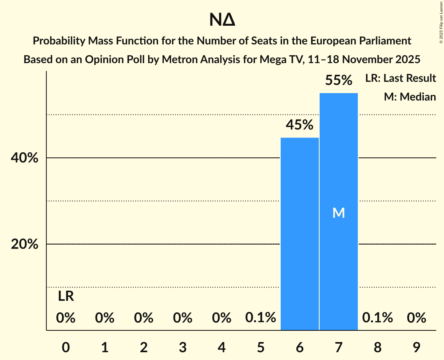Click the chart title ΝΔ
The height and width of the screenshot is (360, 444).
(222, 20)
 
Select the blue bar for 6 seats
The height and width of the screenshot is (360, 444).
(300, 234)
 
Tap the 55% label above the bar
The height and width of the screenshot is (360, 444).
(339, 81)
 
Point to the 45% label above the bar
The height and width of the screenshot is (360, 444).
(300, 125)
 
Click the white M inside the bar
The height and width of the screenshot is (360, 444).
(339, 213)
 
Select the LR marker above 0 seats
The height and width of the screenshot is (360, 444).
(66, 296)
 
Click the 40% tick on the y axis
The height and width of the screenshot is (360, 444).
(27, 158)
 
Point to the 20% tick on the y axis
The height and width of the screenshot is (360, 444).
(27, 244)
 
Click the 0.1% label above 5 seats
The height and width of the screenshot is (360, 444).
(261, 318)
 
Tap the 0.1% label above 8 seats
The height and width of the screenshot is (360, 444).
(378, 318)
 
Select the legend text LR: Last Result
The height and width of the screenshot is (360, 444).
(401, 78)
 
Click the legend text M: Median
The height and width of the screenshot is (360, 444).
(410, 97)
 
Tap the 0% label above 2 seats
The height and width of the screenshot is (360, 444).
(144, 318)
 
